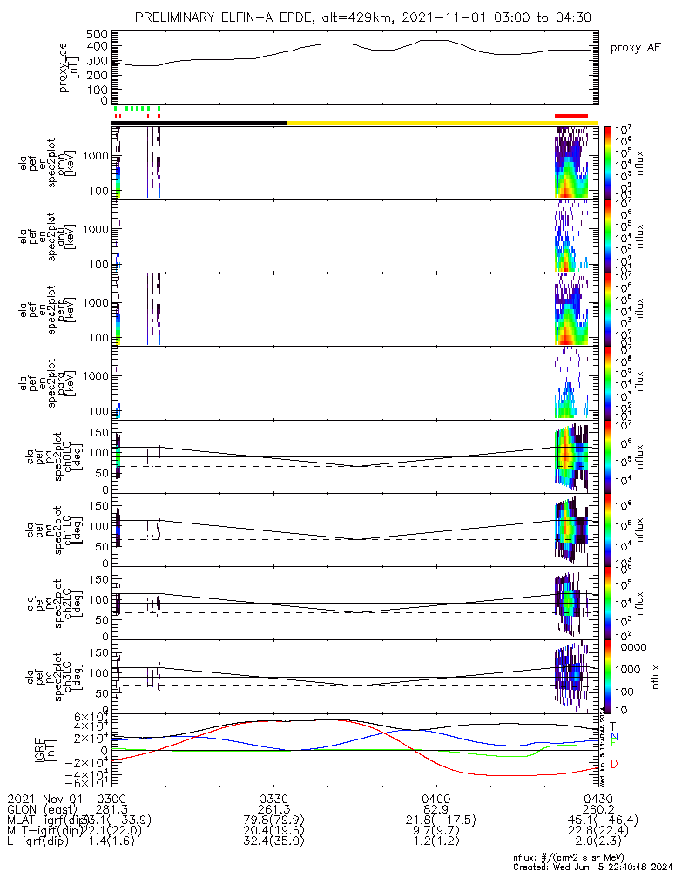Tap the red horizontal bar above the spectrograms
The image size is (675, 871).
tap(571, 116)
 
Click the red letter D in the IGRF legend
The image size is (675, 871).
tap(613, 764)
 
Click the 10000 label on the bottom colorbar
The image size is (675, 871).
tap(632, 647)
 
